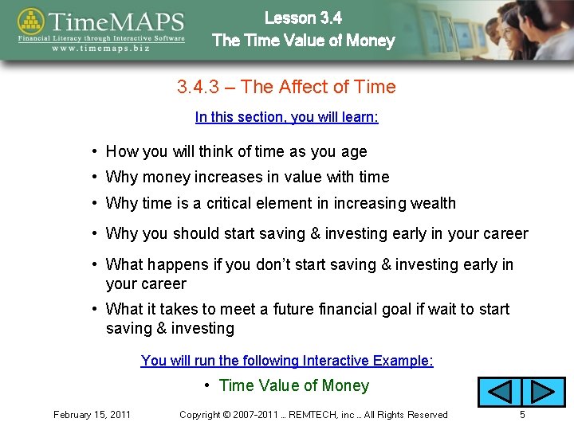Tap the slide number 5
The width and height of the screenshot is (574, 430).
tap(521, 414)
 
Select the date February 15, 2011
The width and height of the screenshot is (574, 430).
tap(92, 414)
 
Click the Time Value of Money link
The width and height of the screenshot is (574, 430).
tap(293, 385)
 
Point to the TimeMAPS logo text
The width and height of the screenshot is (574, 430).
tap(116, 22)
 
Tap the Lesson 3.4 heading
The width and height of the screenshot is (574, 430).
tap(303, 18)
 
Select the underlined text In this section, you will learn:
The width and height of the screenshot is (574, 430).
tap(287, 117)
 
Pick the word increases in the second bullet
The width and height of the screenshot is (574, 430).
tap(233, 177)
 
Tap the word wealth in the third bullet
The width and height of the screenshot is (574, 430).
tap(433, 203)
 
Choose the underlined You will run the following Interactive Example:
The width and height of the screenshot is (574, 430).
tap(287, 361)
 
